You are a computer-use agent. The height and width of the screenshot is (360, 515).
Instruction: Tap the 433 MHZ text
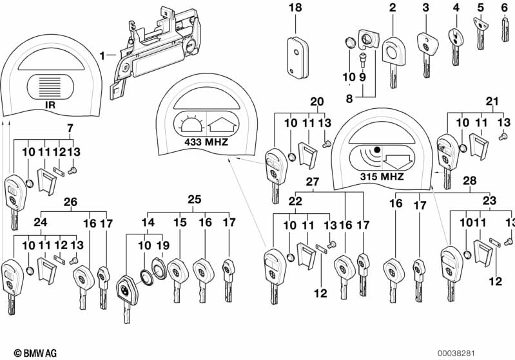tap(206, 141)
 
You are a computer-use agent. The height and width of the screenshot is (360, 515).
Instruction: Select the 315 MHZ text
tap(383, 176)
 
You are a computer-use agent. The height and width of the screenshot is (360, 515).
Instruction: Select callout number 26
tap(70, 202)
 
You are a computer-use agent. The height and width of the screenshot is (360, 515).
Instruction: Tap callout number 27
tap(312, 182)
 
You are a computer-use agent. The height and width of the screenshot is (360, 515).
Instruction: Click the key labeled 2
tap(392, 58)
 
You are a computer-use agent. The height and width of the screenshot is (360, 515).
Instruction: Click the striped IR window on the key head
tap(48, 84)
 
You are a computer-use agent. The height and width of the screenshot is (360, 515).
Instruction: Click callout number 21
tap(492, 101)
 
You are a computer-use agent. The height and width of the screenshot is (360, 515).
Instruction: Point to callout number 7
tap(70, 127)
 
